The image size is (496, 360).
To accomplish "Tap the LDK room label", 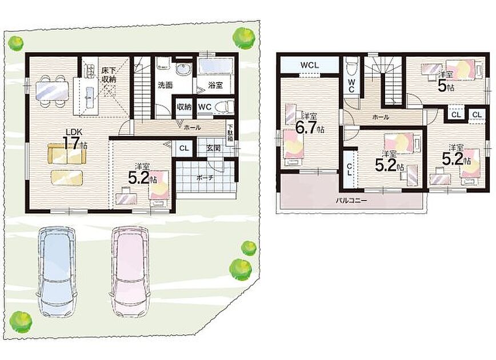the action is (x=74, y=131).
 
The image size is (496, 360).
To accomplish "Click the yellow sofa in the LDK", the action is (x=67, y=154).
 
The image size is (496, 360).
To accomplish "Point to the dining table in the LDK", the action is (x=52, y=91).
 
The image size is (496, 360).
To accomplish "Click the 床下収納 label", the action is (x=109, y=75).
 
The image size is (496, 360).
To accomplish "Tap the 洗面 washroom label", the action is (x=165, y=85).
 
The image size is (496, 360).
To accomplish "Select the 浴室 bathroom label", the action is (x=215, y=85).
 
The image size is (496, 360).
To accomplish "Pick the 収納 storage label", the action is (x=184, y=107).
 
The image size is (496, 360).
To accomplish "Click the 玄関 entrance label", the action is (x=214, y=148).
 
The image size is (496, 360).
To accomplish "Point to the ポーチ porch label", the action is (x=205, y=178).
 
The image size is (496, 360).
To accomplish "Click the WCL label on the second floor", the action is (x=310, y=65).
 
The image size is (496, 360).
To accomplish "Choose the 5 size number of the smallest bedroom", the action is (x=442, y=85).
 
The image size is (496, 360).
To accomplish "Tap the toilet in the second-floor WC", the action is (x=351, y=66).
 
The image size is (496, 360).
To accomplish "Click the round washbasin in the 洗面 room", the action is (x=183, y=70).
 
